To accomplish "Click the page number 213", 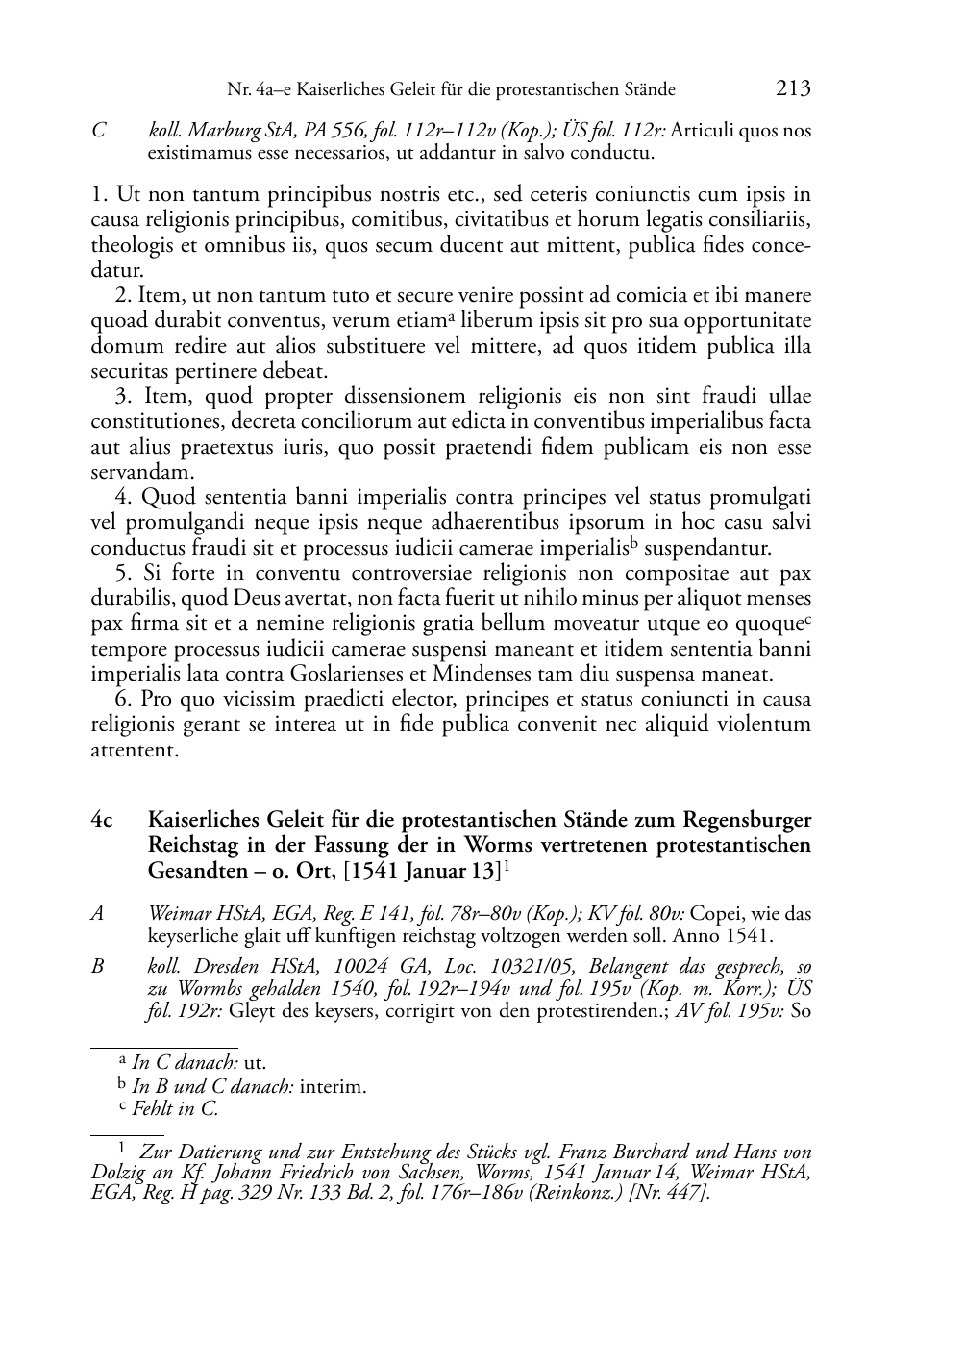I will click(x=793, y=88).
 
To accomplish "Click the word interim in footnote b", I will click(x=334, y=1087).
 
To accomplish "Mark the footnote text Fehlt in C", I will click(x=175, y=1109).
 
